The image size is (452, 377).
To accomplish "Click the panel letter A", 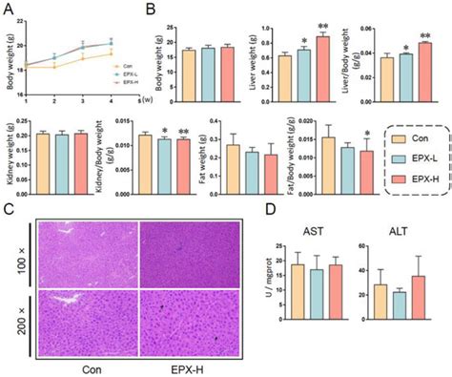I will coord(8,9).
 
